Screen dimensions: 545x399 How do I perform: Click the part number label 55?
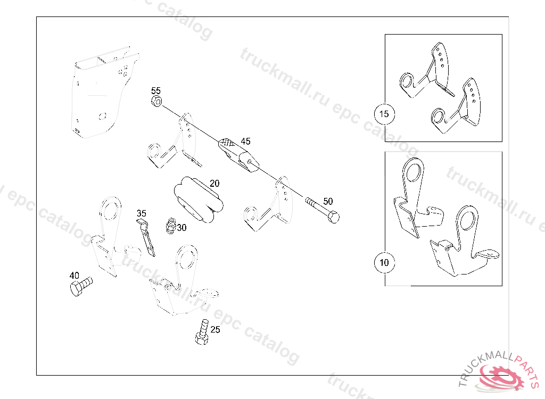(x=156, y=91)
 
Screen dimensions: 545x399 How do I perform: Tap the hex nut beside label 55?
(x=156, y=102)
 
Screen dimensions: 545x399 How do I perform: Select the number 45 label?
(x=245, y=141)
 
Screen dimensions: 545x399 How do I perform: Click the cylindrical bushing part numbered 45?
(x=238, y=155)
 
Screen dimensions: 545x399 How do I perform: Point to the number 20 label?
(x=214, y=183)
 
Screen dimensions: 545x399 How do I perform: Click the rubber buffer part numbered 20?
(x=199, y=199)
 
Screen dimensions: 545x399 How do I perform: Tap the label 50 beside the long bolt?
(x=328, y=201)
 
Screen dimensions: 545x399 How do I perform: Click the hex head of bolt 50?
(x=333, y=217)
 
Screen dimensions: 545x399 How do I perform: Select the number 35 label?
(x=141, y=213)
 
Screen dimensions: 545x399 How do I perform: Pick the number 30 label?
(x=181, y=228)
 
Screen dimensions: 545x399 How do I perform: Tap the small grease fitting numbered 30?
(x=170, y=226)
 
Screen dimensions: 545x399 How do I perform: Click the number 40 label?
(x=74, y=276)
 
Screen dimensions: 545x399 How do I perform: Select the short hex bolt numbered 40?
(x=81, y=286)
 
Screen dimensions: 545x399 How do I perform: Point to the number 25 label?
(x=215, y=329)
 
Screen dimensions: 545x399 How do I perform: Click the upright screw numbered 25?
(x=202, y=332)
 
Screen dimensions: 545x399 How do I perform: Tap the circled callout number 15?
(x=384, y=114)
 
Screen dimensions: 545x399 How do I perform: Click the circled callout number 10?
(x=384, y=262)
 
